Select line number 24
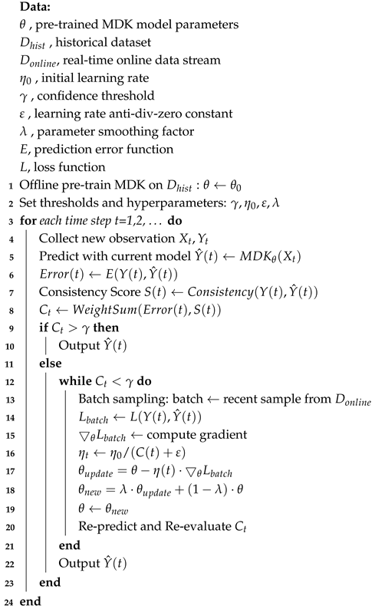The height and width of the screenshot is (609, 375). coord(6,601)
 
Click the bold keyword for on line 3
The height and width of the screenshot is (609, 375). coord(27,221)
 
